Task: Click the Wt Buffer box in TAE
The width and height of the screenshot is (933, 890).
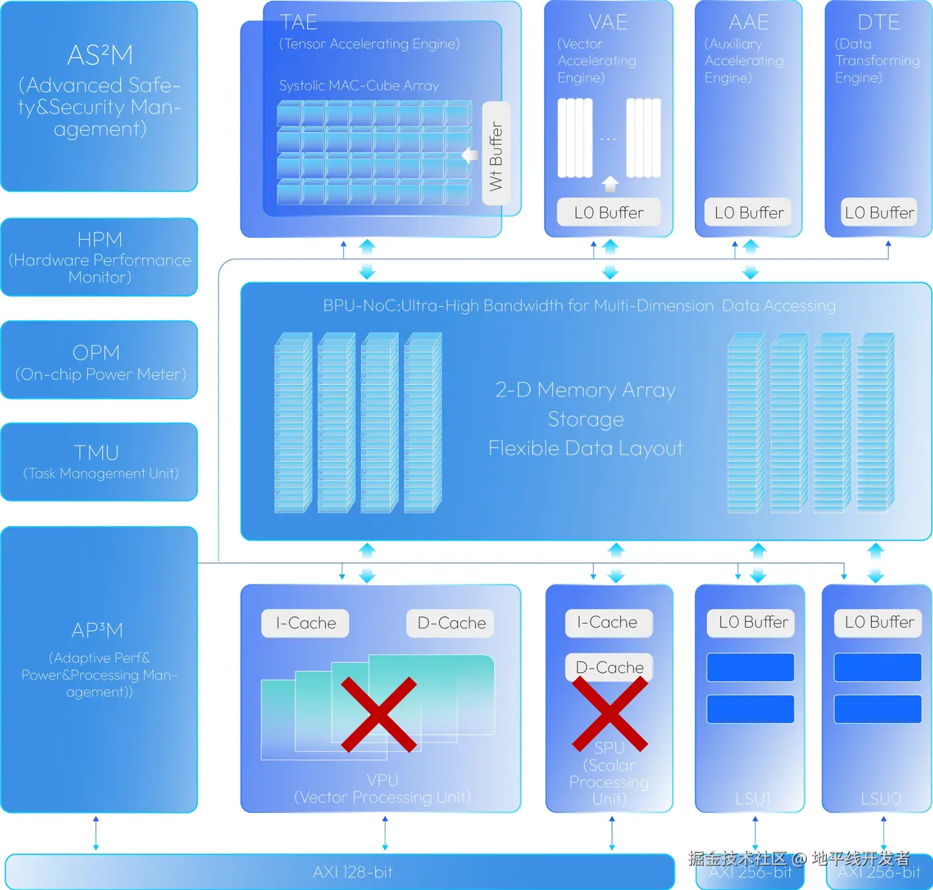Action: point(496,153)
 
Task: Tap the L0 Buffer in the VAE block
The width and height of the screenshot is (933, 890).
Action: point(609,213)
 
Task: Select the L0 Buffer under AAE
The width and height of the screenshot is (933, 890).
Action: point(749,213)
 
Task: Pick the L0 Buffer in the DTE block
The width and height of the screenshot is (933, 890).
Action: point(879,213)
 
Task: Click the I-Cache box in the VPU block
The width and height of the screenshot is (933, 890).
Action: point(305,623)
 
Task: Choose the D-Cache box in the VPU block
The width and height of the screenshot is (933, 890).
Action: point(451,623)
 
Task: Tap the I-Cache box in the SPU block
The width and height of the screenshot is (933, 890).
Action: point(608,622)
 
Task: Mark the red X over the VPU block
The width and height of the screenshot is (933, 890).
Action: point(379,715)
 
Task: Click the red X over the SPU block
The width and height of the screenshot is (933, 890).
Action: point(610,713)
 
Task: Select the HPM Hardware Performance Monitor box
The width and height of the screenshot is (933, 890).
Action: point(100,257)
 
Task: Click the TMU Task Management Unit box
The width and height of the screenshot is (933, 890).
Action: point(100,462)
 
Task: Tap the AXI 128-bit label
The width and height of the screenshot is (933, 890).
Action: point(353,872)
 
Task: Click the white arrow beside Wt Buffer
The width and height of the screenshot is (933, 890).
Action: point(470,155)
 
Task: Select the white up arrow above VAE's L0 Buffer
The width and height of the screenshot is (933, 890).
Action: point(610,183)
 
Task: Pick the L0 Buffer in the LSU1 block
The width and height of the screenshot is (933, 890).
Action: point(753,622)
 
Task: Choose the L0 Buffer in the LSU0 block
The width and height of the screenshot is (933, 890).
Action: point(879,622)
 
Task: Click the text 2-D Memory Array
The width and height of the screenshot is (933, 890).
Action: point(585,390)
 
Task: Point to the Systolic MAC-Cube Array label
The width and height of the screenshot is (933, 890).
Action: point(359,86)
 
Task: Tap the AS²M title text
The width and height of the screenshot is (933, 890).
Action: point(100,55)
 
